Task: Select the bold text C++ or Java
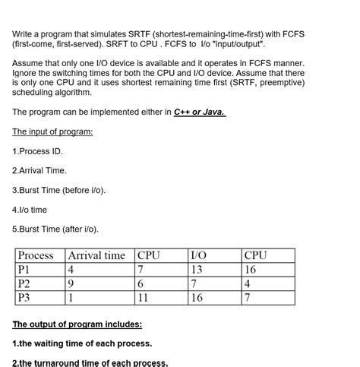pyautogui.click(x=199, y=112)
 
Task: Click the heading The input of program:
pyautogui.click(x=52, y=131)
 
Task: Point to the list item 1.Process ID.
pyautogui.click(x=37, y=151)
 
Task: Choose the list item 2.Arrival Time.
pyautogui.click(x=39, y=171)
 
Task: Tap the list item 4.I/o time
pyautogui.click(x=30, y=210)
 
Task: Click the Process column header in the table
pyautogui.click(x=36, y=255)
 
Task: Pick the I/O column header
pyautogui.click(x=197, y=255)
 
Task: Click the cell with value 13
pyautogui.click(x=197, y=269)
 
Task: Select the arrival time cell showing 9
pyautogui.click(x=71, y=283)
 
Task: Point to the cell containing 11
pyautogui.click(x=144, y=297)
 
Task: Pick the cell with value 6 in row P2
pyautogui.click(x=141, y=283)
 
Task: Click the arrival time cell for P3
pyautogui.click(x=71, y=297)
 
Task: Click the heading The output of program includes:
pyautogui.click(x=77, y=324)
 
